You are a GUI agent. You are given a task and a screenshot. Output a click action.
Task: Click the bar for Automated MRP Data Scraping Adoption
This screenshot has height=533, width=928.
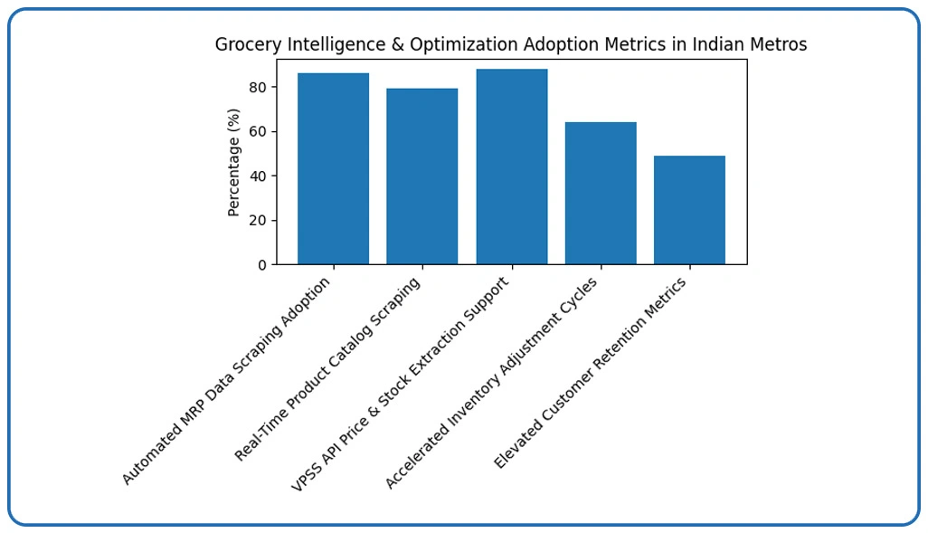coord(333,169)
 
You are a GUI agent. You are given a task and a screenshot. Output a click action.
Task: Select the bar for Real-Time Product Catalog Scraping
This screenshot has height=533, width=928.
coord(421,176)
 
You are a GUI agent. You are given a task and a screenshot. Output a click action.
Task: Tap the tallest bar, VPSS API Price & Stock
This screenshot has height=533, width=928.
coord(511,167)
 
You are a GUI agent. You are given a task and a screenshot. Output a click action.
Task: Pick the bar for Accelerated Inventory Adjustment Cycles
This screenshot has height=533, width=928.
coord(601,194)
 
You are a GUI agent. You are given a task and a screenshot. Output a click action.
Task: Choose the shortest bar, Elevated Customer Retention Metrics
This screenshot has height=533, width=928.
coord(689,210)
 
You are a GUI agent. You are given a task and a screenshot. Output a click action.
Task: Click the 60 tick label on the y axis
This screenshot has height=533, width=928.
coord(258,131)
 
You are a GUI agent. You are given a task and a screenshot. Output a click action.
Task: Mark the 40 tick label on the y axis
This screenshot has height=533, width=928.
coord(258,176)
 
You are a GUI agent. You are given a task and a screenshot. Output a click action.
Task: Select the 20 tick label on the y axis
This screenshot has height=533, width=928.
coord(258,220)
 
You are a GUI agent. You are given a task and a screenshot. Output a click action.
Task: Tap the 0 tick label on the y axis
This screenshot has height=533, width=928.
coord(261,264)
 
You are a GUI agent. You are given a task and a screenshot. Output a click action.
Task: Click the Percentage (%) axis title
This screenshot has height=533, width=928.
coord(234,162)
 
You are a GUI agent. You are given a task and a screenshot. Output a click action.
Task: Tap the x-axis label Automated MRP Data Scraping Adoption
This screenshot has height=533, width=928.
coord(227,380)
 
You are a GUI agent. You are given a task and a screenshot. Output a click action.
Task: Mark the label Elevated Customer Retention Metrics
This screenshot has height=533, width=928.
coord(591,373)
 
